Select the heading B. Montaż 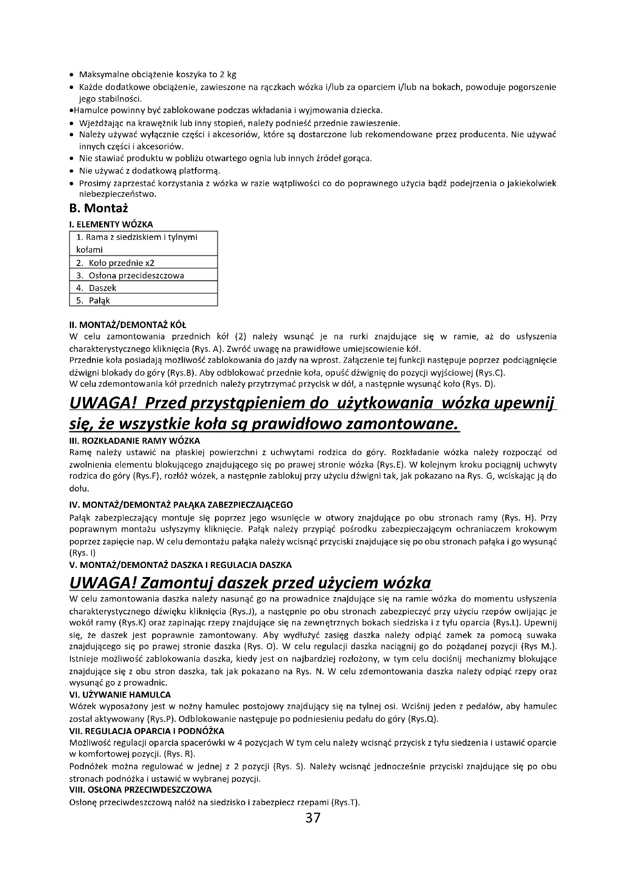click(x=98, y=208)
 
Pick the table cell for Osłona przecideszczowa click(x=136, y=275)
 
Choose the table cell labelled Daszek click(x=102, y=288)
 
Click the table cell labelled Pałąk click(x=99, y=301)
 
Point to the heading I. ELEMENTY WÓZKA click(x=111, y=224)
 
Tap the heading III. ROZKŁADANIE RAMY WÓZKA click(x=134, y=440)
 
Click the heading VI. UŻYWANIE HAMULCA click(x=120, y=695)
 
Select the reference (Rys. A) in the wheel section click(x=207, y=350)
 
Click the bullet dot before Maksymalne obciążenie click(x=72, y=75)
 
